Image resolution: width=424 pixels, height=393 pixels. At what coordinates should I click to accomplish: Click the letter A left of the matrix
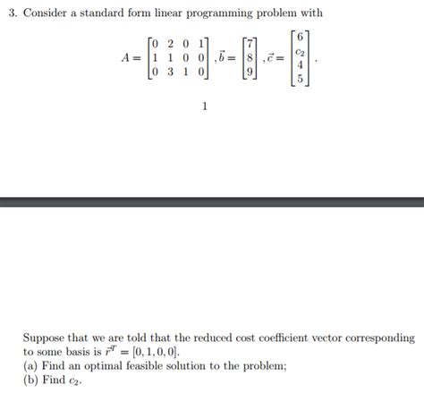click(x=125, y=57)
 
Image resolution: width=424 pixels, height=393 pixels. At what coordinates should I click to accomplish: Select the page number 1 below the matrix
click(x=205, y=107)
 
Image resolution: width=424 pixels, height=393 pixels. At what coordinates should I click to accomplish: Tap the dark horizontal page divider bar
click(x=212, y=202)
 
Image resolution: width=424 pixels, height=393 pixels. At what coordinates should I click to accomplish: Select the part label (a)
click(x=31, y=365)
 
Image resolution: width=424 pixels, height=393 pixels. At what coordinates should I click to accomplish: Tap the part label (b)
click(x=31, y=379)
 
